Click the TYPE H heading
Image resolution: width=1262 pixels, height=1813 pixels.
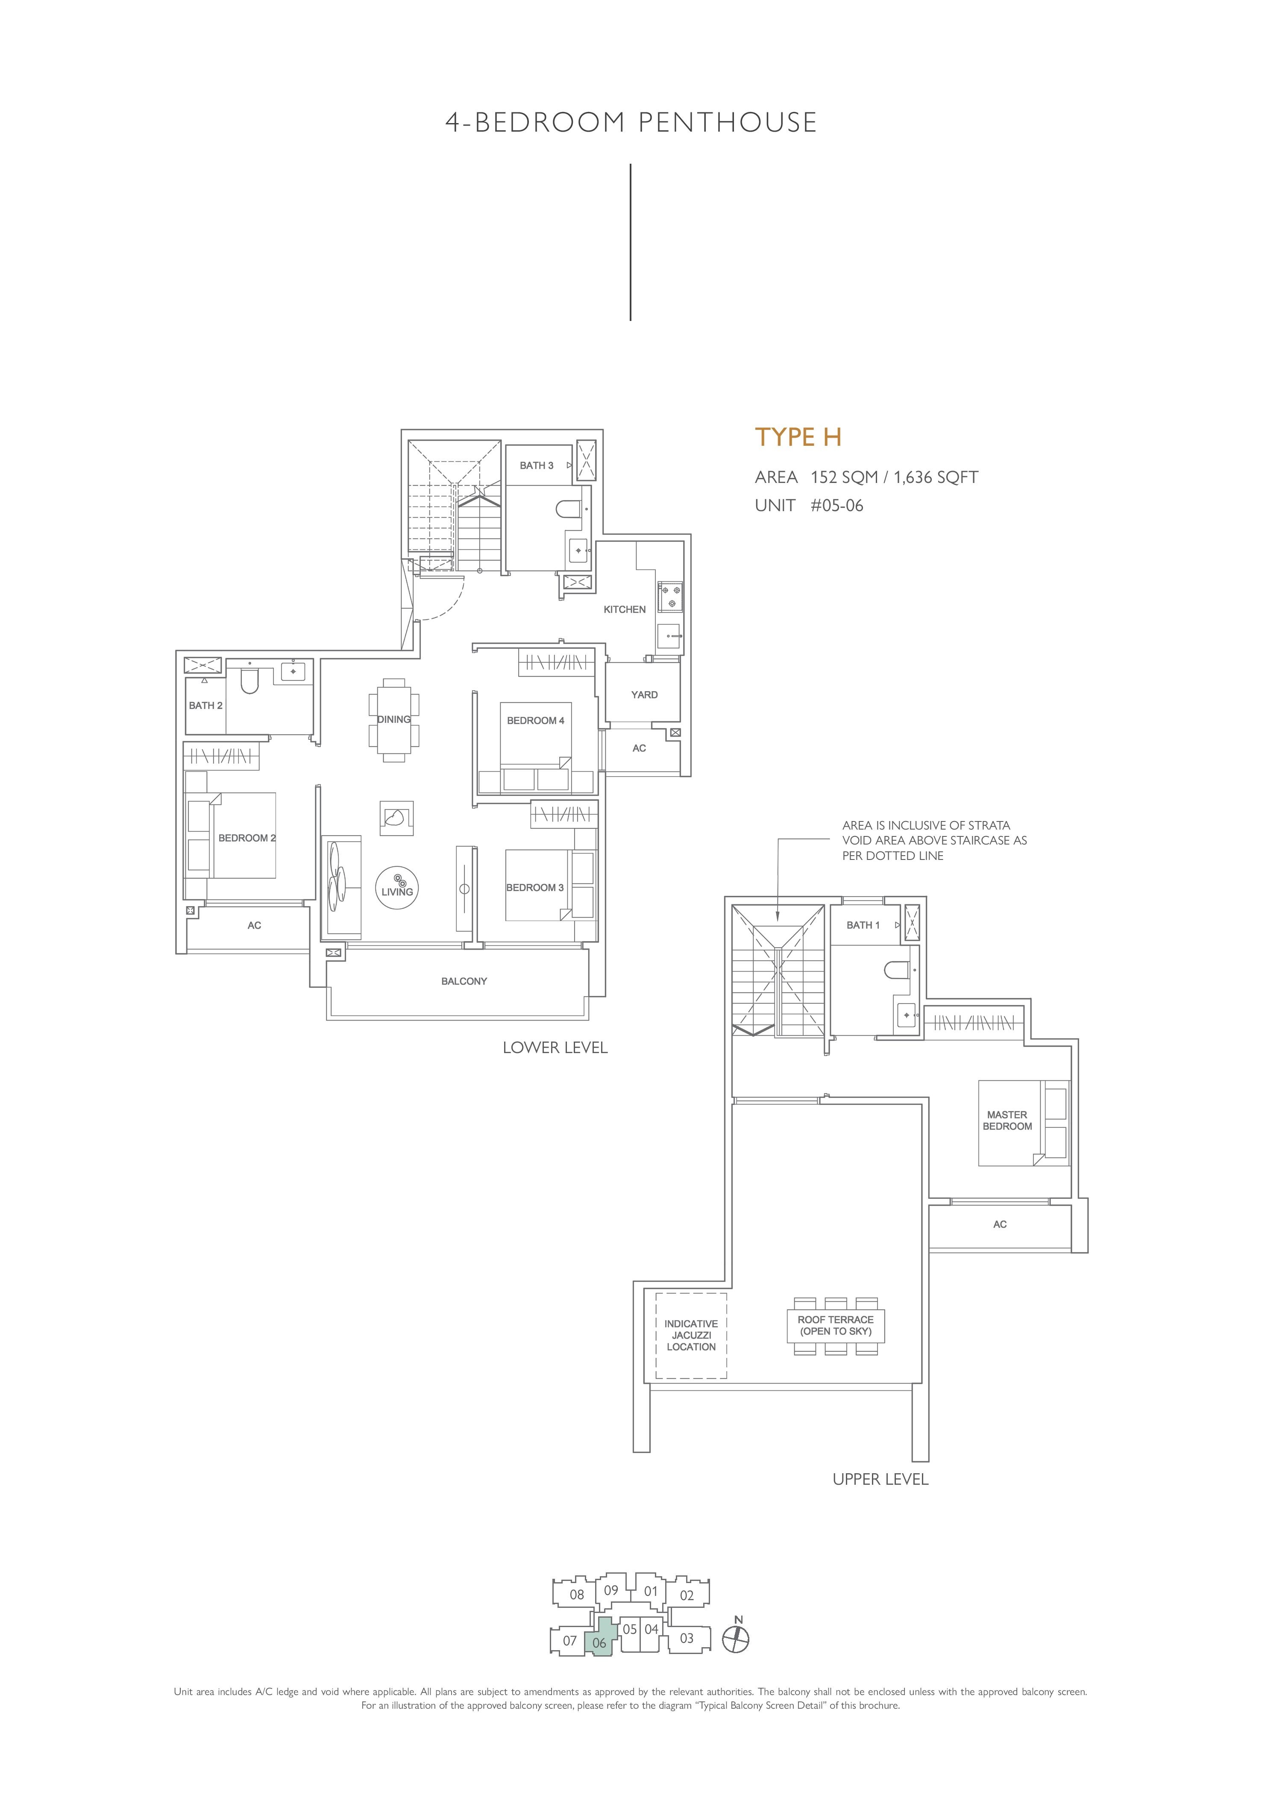[x=798, y=437]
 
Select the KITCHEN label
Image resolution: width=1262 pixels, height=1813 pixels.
[x=624, y=609]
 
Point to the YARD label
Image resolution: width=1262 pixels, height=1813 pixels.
[x=644, y=695]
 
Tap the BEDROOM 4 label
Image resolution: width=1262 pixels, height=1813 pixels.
[x=535, y=720]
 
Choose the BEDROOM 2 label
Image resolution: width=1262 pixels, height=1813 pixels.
[x=247, y=838]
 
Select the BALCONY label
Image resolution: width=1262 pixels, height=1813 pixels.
[x=464, y=981]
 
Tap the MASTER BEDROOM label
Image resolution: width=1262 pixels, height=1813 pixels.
[x=1007, y=1121]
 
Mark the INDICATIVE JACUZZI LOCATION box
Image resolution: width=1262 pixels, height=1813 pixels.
[x=691, y=1335]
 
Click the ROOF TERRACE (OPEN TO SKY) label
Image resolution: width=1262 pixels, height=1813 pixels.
[x=835, y=1325]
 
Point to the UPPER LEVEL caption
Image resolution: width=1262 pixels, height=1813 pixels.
[x=880, y=1479]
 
